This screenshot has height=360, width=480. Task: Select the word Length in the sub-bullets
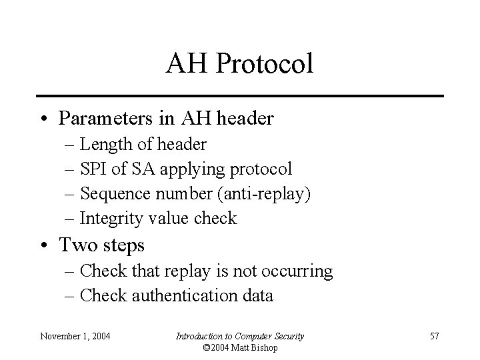tap(101, 144)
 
